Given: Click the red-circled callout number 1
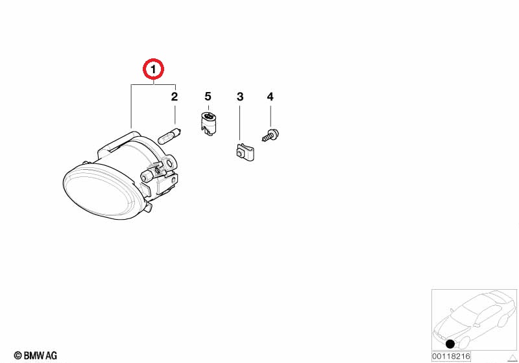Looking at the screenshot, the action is [153, 70].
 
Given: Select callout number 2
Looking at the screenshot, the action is [175, 97].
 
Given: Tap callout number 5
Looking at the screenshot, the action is [208, 97].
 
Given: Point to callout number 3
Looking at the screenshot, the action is [240, 97].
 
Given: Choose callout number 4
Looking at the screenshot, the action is [271, 97].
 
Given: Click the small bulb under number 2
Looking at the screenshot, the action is [169, 135].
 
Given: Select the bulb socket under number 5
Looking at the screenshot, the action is [208, 124].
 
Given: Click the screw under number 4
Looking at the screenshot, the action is [271, 135].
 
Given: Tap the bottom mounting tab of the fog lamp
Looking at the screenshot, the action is [149, 207].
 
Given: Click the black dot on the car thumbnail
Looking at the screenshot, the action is [450, 344].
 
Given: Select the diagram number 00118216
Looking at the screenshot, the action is [451, 357].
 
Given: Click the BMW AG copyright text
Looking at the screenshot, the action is [36, 356].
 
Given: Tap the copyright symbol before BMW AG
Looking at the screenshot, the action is [18, 356].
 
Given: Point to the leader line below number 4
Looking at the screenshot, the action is [271, 116].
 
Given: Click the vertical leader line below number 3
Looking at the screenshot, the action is [239, 122].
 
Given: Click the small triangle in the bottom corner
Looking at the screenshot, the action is [513, 358].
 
